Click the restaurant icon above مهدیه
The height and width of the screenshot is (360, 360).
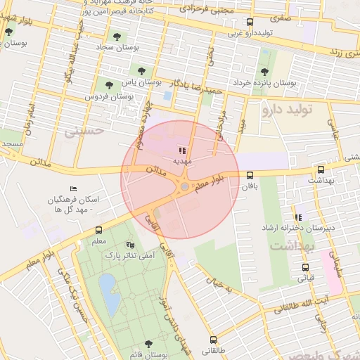coord(182,150)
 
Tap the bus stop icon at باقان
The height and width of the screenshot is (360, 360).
coord(250,175)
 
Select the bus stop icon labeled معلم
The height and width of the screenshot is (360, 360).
coord(98,230)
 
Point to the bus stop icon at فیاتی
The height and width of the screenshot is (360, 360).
coord(305,267)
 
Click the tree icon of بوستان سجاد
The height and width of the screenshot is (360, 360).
coord(117,37)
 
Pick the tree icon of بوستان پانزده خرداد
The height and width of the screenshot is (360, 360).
coord(264,72)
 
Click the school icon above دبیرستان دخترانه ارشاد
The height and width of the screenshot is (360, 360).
coord(299,217)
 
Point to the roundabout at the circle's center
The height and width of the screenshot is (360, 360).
coord(184,187)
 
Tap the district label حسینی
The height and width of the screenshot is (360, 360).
coord(84,131)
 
